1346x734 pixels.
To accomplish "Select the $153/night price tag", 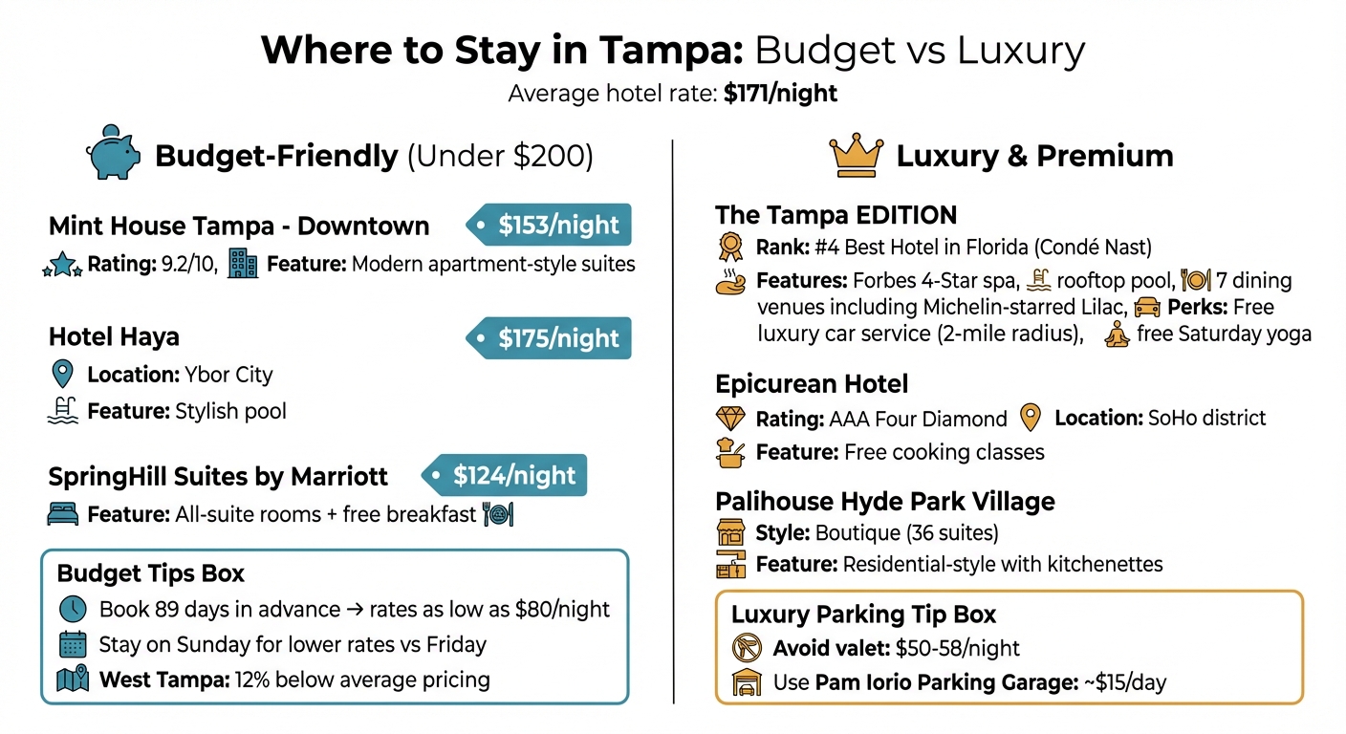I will click(x=551, y=226).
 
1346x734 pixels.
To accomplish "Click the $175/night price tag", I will click(x=551, y=338).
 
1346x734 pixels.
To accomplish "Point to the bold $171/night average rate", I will click(x=780, y=94).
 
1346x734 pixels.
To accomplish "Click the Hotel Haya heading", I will click(x=114, y=337).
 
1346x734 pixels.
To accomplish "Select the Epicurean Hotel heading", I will click(x=812, y=384).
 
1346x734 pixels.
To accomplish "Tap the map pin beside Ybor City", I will click(x=62, y=374).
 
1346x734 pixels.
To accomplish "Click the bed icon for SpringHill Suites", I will click(x=62, y=514).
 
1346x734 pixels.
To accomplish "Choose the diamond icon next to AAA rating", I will click(x=729, y=419).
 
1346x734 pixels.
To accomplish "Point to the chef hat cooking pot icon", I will click(x=729, y=451).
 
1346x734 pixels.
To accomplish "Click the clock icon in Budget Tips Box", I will click(x=73, y=609).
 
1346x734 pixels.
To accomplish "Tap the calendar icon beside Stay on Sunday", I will click(x=73, y=644).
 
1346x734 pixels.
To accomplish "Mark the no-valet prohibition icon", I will click(x=745, y=649).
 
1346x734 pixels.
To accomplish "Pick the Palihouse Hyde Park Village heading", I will click(x=884, y=502).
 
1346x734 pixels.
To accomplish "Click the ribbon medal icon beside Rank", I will click(x=729, y=248).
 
